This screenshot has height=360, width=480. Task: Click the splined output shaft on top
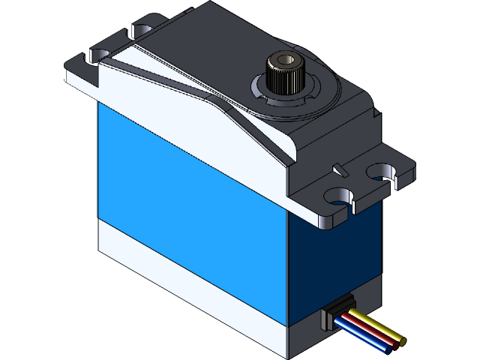click(x=283, y=72)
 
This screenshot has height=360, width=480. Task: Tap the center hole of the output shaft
click(x=284, y=58)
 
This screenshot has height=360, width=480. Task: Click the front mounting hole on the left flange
click(x=95, y=57)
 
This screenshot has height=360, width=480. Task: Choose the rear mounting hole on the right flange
click(x=385, y=172)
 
